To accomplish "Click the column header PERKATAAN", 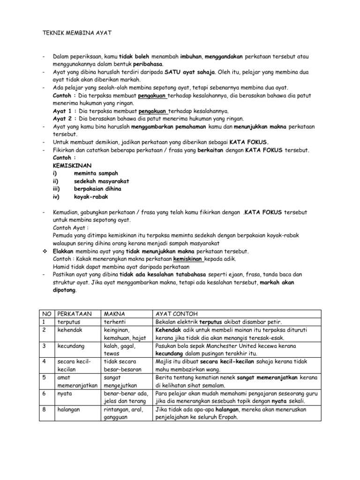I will point(73,313).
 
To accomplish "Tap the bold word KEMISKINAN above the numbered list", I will point(72,165).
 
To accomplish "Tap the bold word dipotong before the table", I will point(64,290).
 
